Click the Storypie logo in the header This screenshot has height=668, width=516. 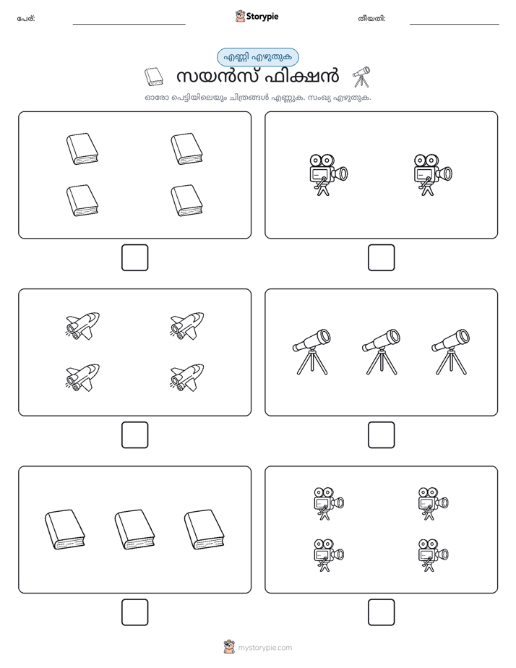[257, 16]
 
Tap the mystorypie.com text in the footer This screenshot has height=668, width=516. [265, 648]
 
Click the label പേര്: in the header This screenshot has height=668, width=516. [26, 19]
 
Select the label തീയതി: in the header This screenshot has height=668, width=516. [371, 19]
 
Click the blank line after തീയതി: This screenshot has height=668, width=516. [455, 25]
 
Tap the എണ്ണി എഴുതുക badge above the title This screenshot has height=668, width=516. [257, 57]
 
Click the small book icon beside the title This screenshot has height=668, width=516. [154, 77]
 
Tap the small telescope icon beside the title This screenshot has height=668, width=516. [361, 77]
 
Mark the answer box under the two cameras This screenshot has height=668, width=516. [381, 258]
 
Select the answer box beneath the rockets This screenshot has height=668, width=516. [135, 435]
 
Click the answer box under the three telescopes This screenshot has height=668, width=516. [381, 435]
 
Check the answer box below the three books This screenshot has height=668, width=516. [135, 612]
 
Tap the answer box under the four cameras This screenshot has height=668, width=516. [381, 612]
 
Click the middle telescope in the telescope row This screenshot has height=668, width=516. [381, 351]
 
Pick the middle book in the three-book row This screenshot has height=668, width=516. [134, 529]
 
